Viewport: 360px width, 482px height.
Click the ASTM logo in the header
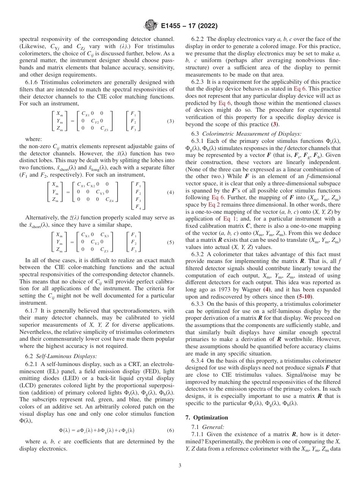coord(151,26)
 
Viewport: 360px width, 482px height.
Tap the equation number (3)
coord(170,121)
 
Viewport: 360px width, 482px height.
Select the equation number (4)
coord(170,192)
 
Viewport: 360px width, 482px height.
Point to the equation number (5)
coord(170,242)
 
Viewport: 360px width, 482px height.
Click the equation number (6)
coord(170,430)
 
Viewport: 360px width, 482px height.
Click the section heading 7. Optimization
coord(207,417)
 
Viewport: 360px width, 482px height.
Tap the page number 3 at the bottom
coord(180,466)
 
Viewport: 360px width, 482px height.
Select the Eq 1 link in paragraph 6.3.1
coord(230,219)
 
